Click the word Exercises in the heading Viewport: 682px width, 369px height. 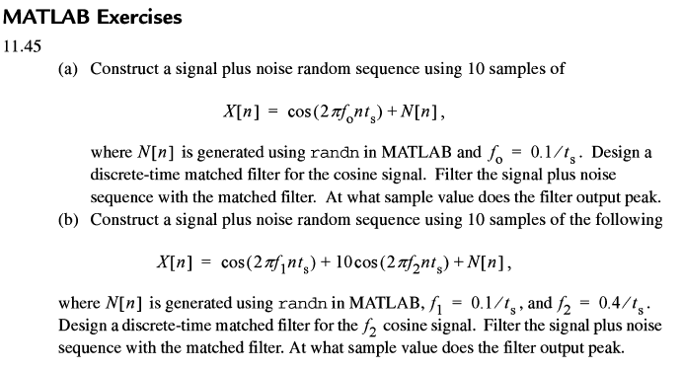(139, 17)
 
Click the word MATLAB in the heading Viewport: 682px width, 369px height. (46, 17)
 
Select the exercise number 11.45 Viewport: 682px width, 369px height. (22, 45)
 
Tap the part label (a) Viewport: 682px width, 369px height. (68, 69)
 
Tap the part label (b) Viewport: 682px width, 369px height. (68, 219)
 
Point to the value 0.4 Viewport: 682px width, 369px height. (609, 303)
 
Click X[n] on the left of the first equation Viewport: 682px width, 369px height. (242, 111)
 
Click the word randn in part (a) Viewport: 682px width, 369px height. (335, 153)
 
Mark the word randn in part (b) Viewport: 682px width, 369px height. (302, 303)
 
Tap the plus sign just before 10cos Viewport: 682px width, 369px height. (326, 262)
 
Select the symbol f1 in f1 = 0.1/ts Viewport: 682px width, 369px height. (435, 304)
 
